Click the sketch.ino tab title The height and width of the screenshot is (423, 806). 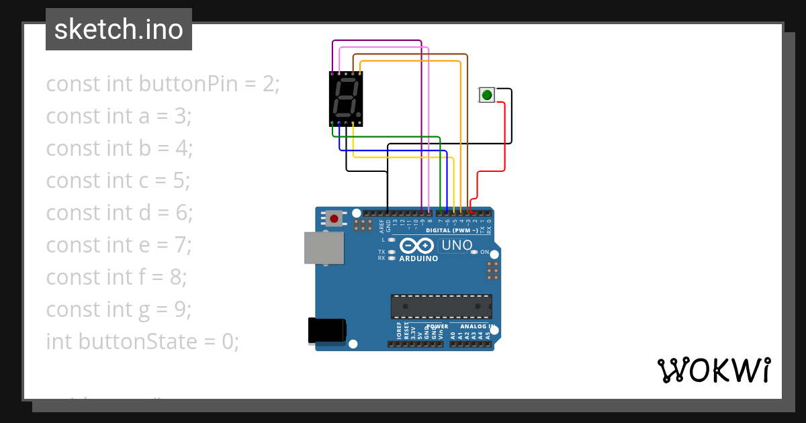[x=119, y=30]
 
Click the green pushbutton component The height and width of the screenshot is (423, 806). [x=486, y=95]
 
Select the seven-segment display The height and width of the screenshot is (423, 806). [x=346, y=99]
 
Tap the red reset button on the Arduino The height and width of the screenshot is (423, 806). [x=334, y=218]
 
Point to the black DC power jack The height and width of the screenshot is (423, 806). [x=326, y=330]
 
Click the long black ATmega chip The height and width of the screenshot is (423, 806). [x=441, y=306]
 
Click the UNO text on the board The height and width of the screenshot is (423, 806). [x=457, y=246]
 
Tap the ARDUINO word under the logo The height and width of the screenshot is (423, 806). [x=418, y=258]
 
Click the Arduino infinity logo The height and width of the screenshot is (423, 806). [x=417, y=246]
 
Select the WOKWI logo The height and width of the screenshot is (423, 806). [x=713, y=370]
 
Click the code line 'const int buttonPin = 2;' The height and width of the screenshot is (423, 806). [x=163, y=84]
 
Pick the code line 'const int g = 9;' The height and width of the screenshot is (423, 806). [x=119, y=310]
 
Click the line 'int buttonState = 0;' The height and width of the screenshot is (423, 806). [x=142, y=342]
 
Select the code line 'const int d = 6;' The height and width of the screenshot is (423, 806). [x=120, y=213]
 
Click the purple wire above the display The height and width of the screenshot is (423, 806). [x=376, y=41]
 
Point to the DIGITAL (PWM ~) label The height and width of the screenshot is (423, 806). [x=451, y=230]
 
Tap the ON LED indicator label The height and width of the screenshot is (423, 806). [x=484, y=252]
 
